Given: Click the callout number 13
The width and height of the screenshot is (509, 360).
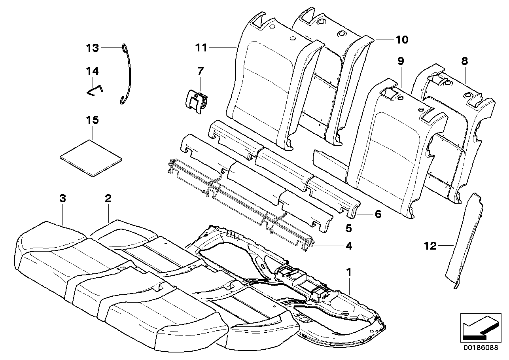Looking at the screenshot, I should pos(92,48).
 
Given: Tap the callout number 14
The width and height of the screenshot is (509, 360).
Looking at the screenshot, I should pos(92,71).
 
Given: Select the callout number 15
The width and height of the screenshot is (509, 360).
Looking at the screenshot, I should pos(92,120).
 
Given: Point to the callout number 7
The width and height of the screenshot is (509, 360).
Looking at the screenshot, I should pos(200,71).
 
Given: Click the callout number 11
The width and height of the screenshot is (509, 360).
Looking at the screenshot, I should pos(201,48).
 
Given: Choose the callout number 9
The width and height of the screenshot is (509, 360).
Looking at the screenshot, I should pos(401,61).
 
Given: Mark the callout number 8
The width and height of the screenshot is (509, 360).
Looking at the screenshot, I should pos(464,61).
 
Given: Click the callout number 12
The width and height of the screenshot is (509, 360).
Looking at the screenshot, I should pos(430,246).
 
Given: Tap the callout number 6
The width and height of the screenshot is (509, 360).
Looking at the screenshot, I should pos(378,214).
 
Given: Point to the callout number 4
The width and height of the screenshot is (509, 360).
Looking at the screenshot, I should pos(348,246).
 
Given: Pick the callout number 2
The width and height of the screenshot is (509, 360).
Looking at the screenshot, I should pos(108,199).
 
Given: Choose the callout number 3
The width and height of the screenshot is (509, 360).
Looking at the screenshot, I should pos(62,199).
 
